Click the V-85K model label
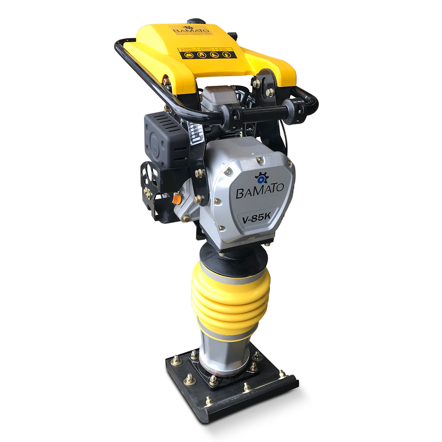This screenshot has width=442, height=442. [x=256, y=218]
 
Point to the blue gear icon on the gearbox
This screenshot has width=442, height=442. [x=261, y=178]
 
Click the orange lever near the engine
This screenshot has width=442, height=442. [x=177, y=199]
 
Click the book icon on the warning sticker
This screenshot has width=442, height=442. [x=189, y=55]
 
